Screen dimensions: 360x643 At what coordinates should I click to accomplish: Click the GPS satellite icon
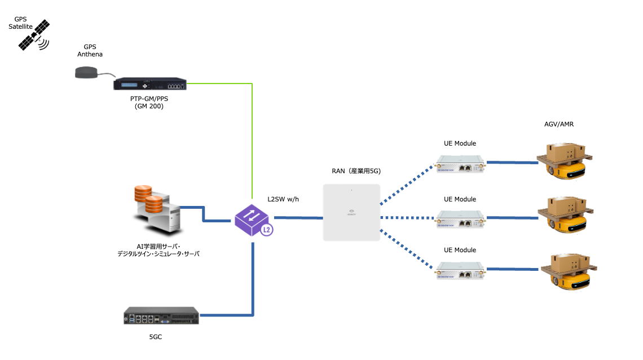click(x=34, y=36)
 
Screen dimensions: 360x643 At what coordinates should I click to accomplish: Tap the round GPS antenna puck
click(x=87, y=72)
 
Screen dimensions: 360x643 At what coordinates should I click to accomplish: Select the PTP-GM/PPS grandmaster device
click(x=149, y=84)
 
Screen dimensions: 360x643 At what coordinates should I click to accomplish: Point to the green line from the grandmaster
click(x=252, y=141)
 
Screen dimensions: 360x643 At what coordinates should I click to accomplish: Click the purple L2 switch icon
click(x=253, y=220)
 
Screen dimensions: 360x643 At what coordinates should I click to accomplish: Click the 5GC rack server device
click(x=162, y=315)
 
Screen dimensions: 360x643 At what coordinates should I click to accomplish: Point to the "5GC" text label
click(x=155, y=337)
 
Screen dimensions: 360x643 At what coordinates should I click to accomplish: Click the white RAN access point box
click(x=351, y=212)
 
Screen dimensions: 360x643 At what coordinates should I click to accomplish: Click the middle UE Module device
click(x=460, y=219)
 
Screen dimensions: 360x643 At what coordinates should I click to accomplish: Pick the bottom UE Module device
click(x=460, y=271)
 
